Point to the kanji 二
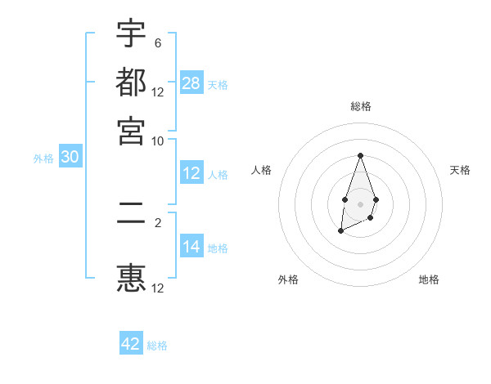131,220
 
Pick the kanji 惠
131,278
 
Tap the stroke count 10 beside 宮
158,140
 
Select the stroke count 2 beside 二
158,221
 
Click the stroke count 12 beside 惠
158,288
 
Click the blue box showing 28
191,83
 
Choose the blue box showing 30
70,158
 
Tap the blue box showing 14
191,247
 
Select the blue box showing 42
131,344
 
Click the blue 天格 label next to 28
218,85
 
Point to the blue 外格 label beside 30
43,159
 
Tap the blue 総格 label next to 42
157,346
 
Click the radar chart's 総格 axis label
360,106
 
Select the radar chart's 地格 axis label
429,279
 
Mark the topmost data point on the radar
360,155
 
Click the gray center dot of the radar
360,203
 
